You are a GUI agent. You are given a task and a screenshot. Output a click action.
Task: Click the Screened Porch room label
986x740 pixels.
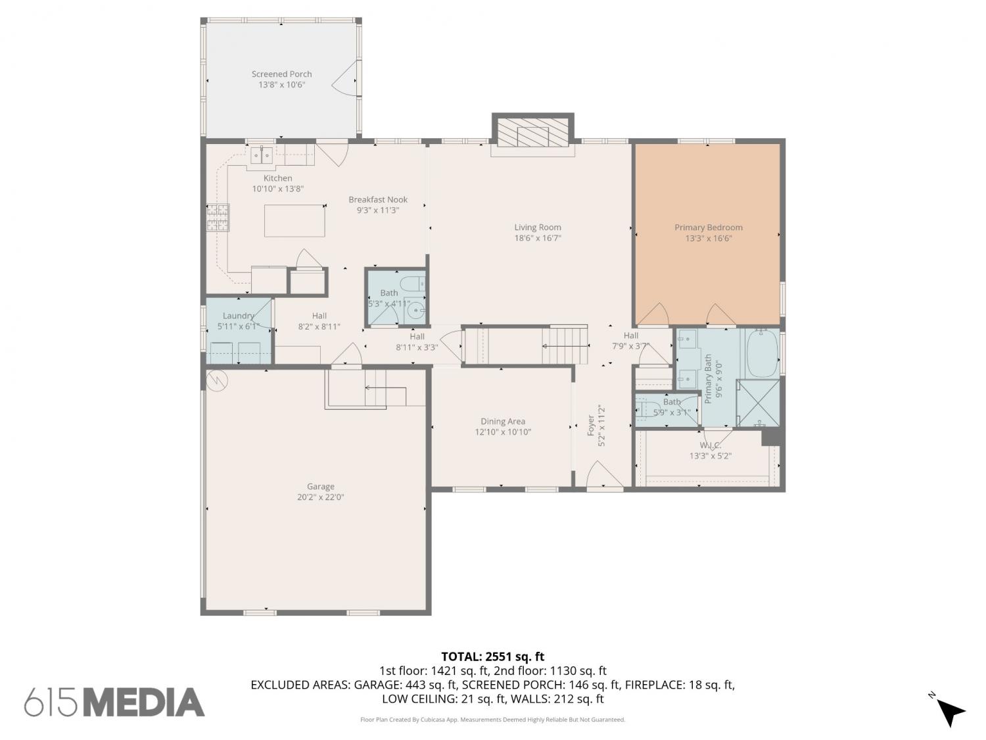pyautogui.click(x=281, y=74)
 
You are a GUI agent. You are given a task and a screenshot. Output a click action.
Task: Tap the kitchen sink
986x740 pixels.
pyautogui.click(x=261, y=155)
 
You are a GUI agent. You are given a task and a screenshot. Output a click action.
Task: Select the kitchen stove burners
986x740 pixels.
pyautogui.click(x=218, y=218)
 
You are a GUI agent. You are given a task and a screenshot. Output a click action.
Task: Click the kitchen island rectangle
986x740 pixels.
pyautogui.click(x=294, y=220)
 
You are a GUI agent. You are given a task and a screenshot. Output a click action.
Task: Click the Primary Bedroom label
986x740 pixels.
pyautogui.click(x=709, y=228)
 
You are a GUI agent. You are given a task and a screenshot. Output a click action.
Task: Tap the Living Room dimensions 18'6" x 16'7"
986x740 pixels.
pyautogui.click(x=538, y=238)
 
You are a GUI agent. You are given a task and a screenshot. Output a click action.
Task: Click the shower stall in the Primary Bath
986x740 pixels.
pyautogui.click(x=759, y=403)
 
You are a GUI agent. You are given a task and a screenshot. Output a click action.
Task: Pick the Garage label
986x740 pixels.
pyautogui.click(x=320, y=486)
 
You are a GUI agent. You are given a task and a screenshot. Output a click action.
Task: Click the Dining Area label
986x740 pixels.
pyautogui.click(x=503, y=421)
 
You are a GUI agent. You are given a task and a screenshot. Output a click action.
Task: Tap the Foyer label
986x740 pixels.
pyautogui.click(x=591, y=425)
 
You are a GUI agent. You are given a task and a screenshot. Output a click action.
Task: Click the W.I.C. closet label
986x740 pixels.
pyautogui.click(x=710, y=445)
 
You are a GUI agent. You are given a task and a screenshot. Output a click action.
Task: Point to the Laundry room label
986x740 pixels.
pyautogui.click(x=239, y=316)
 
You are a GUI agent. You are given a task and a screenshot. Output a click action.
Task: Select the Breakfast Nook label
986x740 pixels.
pyautogui.click(x=378, y=199)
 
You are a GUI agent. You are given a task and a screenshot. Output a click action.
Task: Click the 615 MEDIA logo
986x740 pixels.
pyautogui.click(x=114, y=702)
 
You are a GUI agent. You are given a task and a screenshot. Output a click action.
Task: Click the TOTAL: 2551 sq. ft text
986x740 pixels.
pyautogui.click(x=492, y=656)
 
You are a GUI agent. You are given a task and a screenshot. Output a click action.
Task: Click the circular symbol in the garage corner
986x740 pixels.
pyautogui.click(x=218, y=381)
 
